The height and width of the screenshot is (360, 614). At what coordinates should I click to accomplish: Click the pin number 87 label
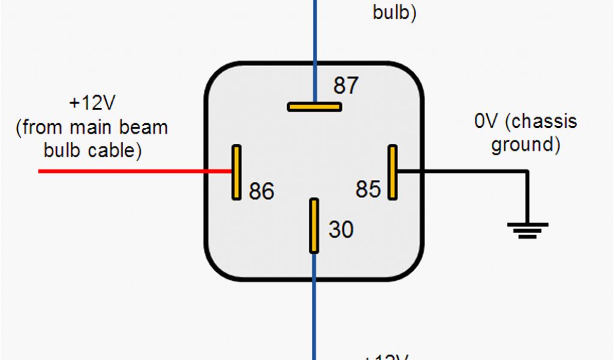(x=346, y=86)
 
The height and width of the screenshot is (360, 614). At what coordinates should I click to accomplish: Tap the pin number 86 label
(x=261, y=191)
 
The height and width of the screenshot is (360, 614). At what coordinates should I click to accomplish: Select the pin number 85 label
(x=368, y=190)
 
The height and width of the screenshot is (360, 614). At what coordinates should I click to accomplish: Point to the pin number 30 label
(x=341, y=229)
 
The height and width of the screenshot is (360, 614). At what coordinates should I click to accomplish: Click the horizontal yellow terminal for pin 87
(x=314, y=107)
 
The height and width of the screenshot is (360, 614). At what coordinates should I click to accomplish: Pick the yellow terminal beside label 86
(x=237, y=172)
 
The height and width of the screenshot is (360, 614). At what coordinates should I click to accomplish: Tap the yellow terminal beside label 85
(x=392, y=172)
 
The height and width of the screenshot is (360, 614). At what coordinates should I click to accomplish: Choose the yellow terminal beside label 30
(x=314, y=226)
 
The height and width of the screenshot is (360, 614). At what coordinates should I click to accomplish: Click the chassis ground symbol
(x=528, y=230)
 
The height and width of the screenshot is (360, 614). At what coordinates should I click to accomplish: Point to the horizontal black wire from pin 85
(x=462, y=172)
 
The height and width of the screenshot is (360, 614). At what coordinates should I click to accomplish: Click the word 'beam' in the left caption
(x=144, y=127)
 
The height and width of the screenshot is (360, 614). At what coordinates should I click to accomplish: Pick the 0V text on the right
(x=486, y=121)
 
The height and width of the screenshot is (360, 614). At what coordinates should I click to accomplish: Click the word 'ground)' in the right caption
(x=526, y=145)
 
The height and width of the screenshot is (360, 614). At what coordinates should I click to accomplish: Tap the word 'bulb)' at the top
(x=395, y=12)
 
